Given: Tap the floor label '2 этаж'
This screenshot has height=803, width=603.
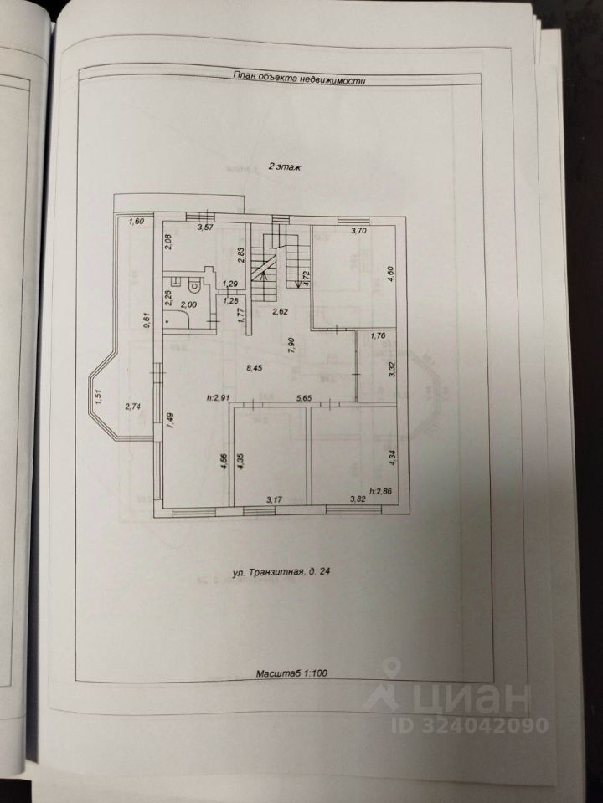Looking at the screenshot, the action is [x=285, y=167].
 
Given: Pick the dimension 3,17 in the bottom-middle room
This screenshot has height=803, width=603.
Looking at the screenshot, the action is [x=274, y=500].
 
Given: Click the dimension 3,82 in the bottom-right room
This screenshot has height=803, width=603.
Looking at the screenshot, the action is [x=334, y=500].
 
